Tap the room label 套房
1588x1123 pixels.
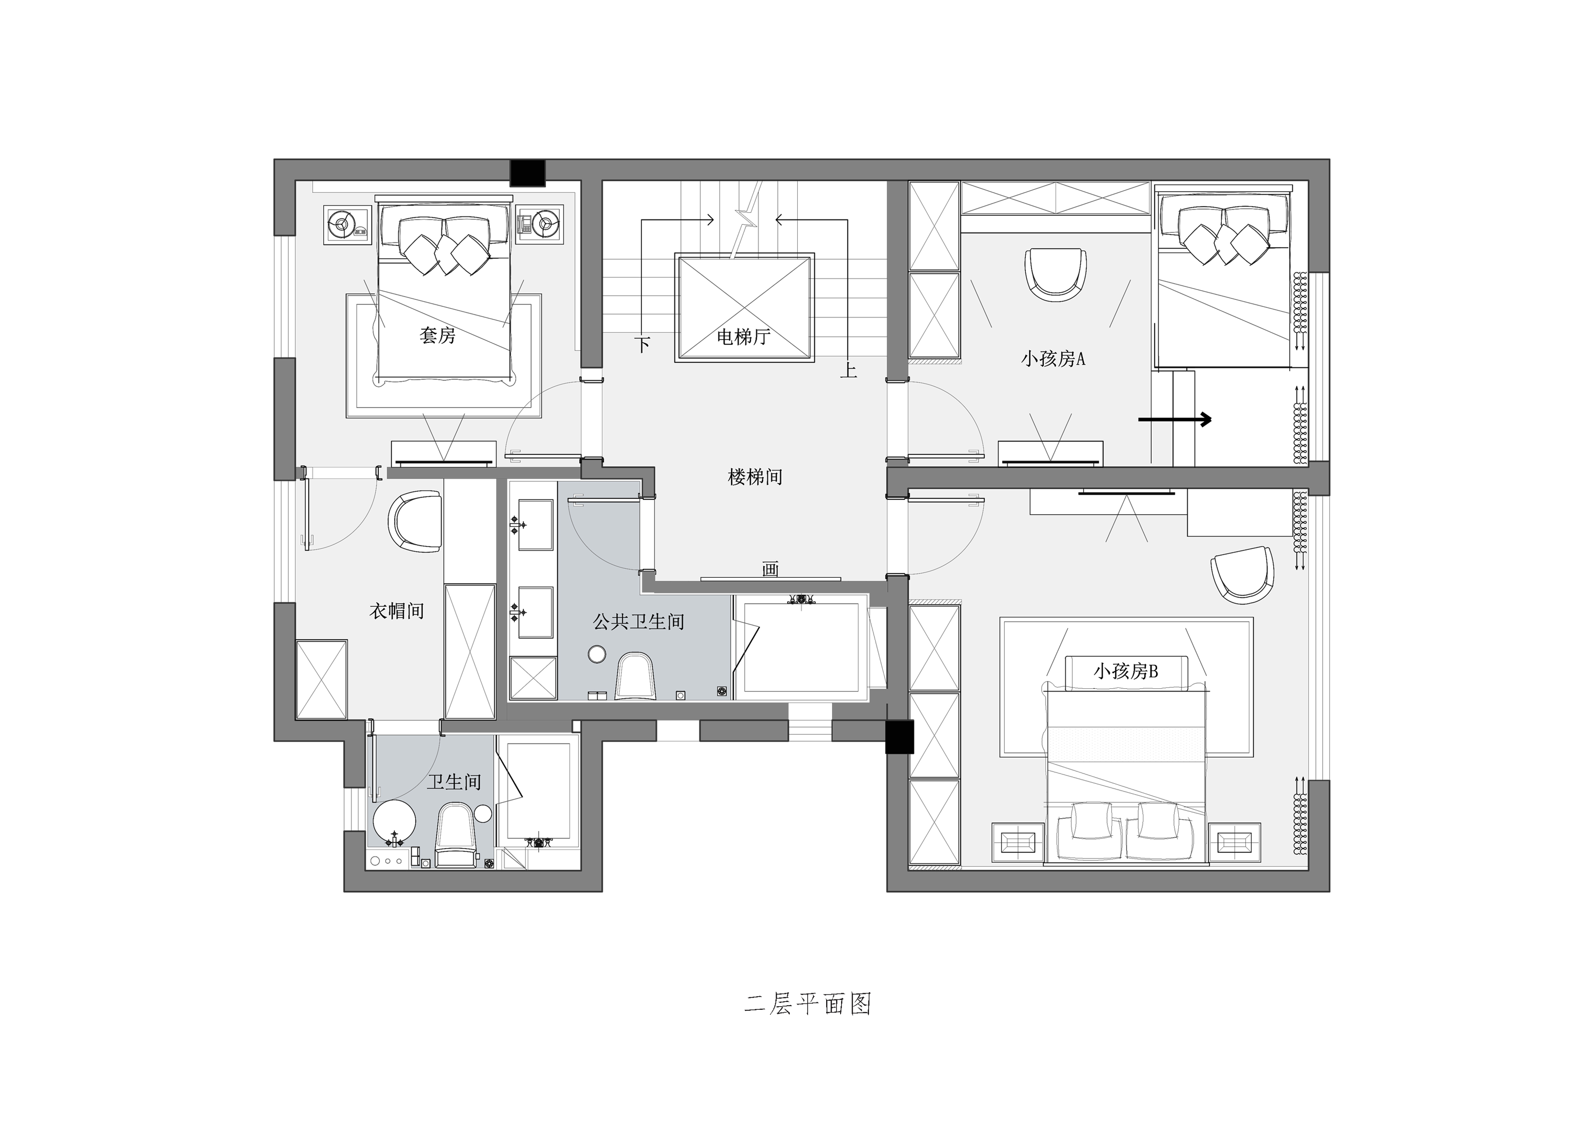pos(437,336)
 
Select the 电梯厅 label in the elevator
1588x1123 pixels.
pos(743,337)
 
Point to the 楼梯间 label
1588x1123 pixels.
pos(755,477)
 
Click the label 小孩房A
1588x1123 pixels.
pos(1052,359)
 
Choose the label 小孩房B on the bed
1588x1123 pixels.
pos(1125,671)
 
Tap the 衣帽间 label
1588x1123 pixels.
pos(396,611)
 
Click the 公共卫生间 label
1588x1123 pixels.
pos(638,621)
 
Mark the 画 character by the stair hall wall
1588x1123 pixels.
pos(770,569)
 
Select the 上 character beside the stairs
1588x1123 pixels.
pos(848,370)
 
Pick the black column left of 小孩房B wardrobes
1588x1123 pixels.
pos(900,736)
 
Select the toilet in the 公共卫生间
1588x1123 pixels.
pos(634,676)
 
